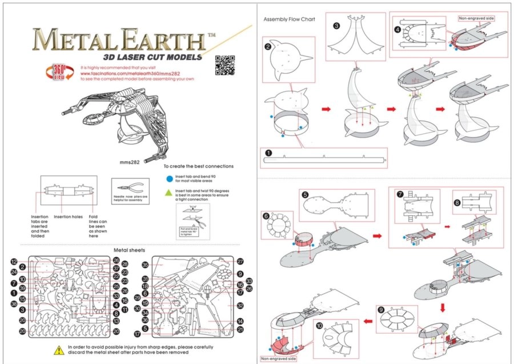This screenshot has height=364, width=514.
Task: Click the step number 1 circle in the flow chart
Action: pyautogui.click(x=268, y=153)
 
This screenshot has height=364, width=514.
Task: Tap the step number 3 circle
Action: pyautogui.click(x=336, y=26)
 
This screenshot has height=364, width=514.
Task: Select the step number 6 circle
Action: pyautogui.click(x=266, y=215)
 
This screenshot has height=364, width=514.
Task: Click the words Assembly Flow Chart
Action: pyautogui.click(x=289, y=19)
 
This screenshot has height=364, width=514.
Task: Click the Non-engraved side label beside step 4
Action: pyautogui.click(x=476, y=18)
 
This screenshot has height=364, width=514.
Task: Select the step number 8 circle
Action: pyautogui.click(x=457, y=202)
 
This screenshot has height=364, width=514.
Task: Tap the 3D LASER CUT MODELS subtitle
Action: pyautogui.click(x=152, y=57)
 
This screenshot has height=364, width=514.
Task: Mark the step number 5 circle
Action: pyautogui.click(x=306, y=195)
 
